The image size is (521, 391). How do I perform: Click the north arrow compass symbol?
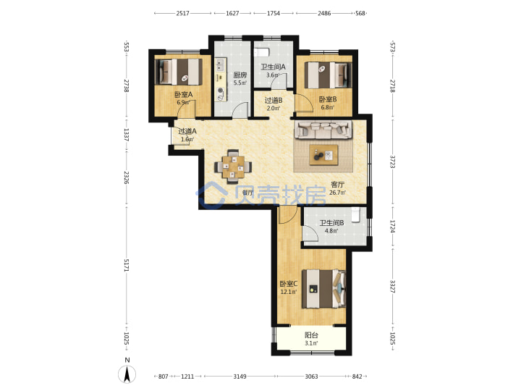pyautogui.click(x=127, y=374)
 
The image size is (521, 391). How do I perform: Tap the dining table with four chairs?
pyautogui.click(x=233, y=167)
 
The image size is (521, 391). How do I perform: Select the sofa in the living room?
pyautogui.click(x=323, y=130)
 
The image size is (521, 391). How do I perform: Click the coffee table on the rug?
pyautogui.click(x=323, y=155)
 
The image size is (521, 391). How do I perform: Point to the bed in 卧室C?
pyautogui.click(x=324, y=289)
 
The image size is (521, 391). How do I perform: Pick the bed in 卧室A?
pyautogui.click(x=179, y=72)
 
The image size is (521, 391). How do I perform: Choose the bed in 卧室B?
pyautogui.click(x=328, y=75)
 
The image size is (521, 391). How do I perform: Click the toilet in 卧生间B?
pyautogui.click(x=355, y=214)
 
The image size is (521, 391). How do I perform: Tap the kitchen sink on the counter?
pyautogui.click(x=220, y=65)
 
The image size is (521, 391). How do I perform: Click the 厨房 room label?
pyautogui.click(x=240, y=75)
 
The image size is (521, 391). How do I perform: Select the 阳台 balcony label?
pyautogui.click(x=311, y=335)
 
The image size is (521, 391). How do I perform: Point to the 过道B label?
pyautogui.click(x=274, y=100)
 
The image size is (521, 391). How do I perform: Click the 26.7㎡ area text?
pyautogui.click(x=337, y=193)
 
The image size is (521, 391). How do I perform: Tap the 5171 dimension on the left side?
pyautogui.click(x=126, y=265)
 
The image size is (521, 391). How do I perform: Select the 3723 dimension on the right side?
pyautogui.click(x=392, y=161)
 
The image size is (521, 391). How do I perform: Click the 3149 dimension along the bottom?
pyautogui.click(x=240, y=377)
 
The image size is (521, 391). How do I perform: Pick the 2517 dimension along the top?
pyautogui.click(x=183, y=13)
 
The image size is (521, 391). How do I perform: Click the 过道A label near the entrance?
pyautogui.click(x=187, y=131)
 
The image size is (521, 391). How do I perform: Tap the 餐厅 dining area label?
pyautogui.click(x=247, y=193)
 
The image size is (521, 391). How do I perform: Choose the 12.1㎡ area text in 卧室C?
pyautogui.click(x=289, y=292)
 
